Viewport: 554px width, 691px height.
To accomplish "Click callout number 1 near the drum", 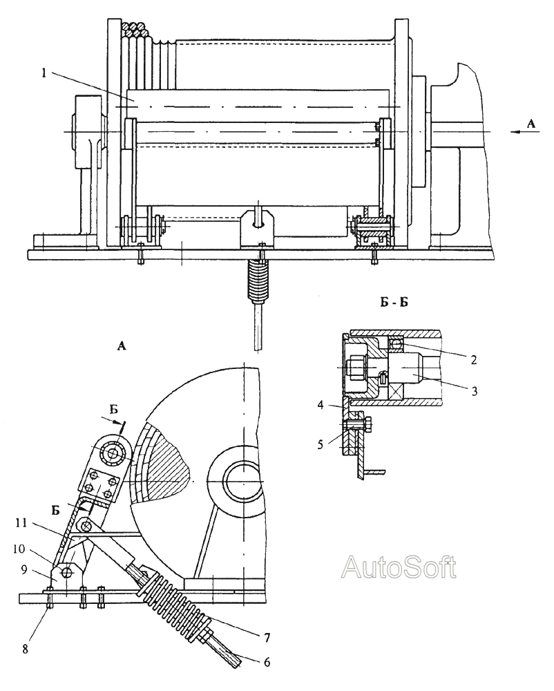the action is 44,73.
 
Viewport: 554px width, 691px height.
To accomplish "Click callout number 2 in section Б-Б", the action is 473,359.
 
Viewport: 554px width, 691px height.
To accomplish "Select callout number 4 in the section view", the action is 321,404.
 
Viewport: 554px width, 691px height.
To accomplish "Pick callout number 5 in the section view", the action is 321,444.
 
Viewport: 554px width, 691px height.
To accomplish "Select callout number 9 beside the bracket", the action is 25,570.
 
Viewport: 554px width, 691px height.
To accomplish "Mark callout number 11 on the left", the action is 21,523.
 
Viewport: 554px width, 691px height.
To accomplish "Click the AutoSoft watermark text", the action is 399,567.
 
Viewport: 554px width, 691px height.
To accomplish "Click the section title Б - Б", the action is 394,303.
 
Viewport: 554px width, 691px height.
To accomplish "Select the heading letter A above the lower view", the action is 122,347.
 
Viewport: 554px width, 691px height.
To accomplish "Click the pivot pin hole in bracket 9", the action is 66,572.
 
